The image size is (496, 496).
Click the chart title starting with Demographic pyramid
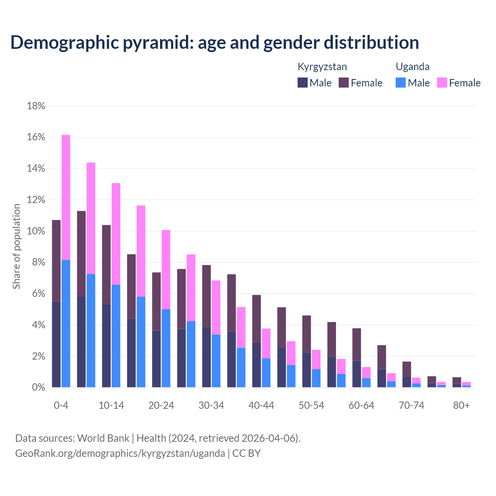[215, 42]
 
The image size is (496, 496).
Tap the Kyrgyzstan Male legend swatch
[303, 83]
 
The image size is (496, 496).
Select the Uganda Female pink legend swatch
[442, 83]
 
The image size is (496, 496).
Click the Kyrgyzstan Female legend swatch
[344, 83]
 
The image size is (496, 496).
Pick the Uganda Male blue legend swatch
[401, 83]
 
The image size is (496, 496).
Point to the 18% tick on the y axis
[36, 106]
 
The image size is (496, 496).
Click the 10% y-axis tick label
[36, 231]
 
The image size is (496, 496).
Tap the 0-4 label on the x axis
[61, 405]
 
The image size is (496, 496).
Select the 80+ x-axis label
[462, 405]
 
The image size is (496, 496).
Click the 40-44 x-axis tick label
[261, 405]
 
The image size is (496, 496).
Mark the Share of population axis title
[16, 246]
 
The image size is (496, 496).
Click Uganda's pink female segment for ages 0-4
[66, 197]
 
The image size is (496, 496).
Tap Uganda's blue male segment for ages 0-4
[66, 324]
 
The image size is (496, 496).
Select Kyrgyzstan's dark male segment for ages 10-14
[106, 346]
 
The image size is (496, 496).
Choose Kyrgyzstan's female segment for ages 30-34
[207, 296]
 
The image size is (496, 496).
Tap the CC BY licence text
[246, 453]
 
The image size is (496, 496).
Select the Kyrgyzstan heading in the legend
[322, 67]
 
